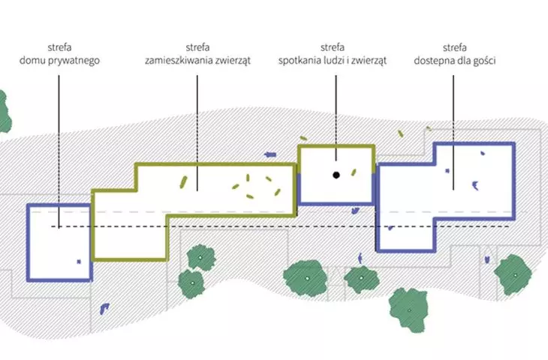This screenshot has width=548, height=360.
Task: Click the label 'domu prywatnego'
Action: tap(59, 61)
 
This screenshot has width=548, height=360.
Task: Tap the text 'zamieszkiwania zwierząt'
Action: tap(198, 61)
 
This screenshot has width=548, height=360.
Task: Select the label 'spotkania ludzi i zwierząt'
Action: tap(333, 61)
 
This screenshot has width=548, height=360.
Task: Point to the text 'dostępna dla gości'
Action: tap(455, 61)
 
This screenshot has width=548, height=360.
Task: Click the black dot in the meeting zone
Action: tap(336, 175)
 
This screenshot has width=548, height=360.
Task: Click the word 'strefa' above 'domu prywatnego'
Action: tap(59, 47)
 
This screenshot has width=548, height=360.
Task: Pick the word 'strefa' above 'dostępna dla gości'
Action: tap(455, 47)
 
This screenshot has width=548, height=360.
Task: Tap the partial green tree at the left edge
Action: tap(5, 112)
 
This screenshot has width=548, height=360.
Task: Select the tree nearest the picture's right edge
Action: tap(513, 274)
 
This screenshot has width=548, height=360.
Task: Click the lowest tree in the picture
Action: tap(409, 310)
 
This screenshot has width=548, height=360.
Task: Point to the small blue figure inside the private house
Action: tap(79, 262)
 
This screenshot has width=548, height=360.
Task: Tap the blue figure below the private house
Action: tap(104, 309)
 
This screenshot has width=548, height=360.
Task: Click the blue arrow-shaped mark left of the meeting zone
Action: tap(270, 154)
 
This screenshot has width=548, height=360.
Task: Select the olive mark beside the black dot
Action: tap(354, 172)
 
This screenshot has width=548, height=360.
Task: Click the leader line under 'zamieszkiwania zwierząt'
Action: tap(197, 133)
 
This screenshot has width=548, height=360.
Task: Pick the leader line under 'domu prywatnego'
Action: tap(59, 151)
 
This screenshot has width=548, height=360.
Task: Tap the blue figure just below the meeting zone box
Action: tap(355, 211)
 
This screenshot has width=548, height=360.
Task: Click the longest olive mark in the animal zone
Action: tap(183, 182)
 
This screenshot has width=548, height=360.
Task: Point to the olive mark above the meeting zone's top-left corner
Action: tap(303, 138)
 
